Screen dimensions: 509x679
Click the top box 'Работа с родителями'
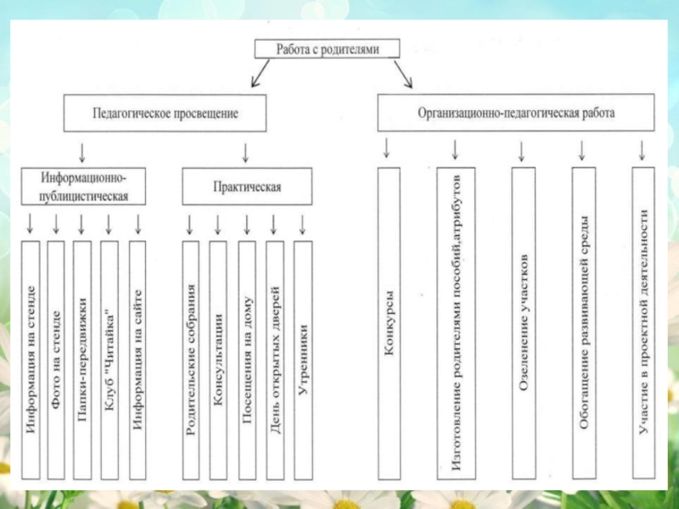pos(327,48)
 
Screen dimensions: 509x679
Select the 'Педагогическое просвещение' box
pos(165,113)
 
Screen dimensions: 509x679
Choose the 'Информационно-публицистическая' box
pos(84,187)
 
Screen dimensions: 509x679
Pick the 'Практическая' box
pos(246,187)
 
